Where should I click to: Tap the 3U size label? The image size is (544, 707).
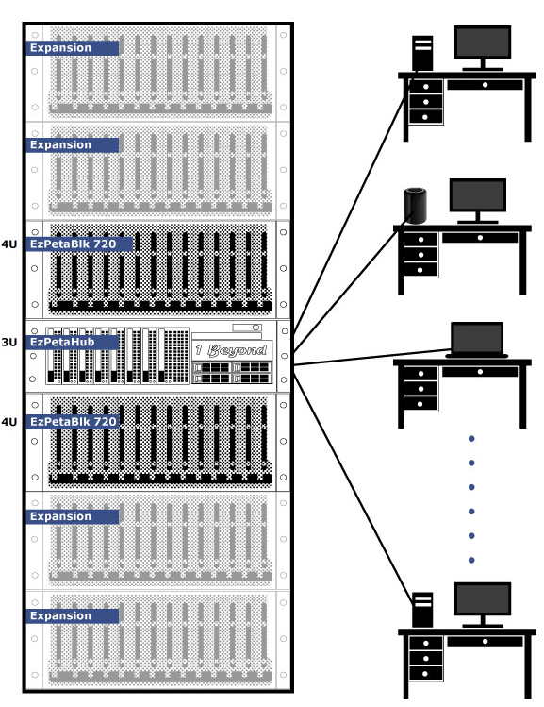9,343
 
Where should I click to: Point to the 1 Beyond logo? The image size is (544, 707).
232,350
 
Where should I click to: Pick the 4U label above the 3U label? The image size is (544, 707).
9,244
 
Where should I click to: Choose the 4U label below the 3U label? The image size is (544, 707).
9,422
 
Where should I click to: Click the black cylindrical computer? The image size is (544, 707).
415,205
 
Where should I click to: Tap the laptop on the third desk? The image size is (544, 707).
477,340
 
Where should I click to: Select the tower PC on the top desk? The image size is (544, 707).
422,53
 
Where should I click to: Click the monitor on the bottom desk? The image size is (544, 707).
483,604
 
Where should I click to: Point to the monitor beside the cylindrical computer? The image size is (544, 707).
478,201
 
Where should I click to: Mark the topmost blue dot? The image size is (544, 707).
471,438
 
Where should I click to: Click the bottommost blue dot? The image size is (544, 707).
471,560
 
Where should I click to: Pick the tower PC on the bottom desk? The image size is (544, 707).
422,610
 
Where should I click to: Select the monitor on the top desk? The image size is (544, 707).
483,48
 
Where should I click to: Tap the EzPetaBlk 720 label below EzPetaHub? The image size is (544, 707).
73,422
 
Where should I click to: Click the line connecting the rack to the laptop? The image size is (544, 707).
372,357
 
